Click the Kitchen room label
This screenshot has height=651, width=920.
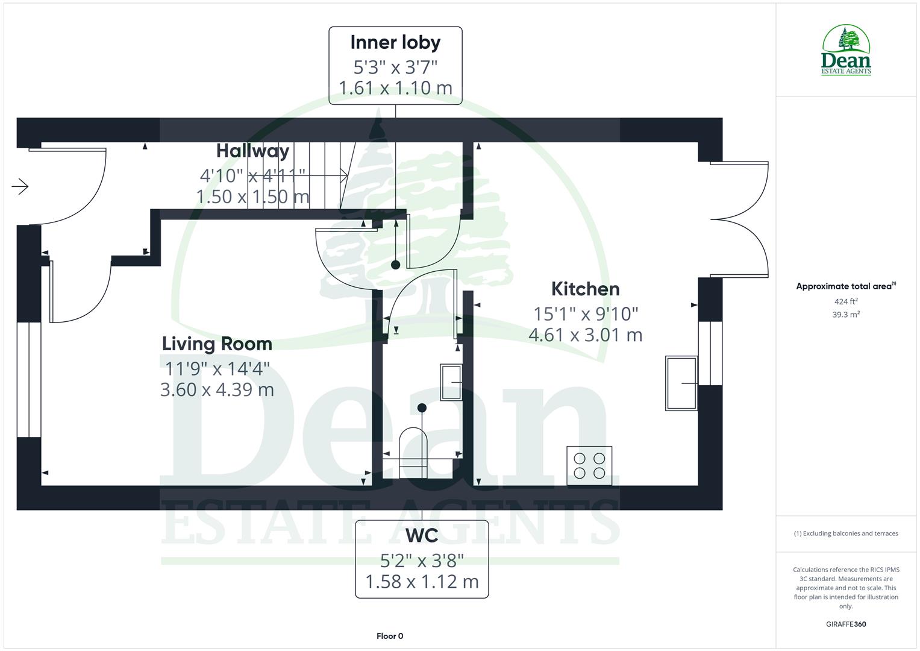point(585,289)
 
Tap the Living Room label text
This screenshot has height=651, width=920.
point(217,344)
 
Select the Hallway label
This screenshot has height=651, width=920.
point(252,151)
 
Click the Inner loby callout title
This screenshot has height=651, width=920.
point(395,43)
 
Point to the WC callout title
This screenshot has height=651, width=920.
point(422,536)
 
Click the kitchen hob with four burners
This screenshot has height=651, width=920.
point(589,465)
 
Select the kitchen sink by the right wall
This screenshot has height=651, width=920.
point(681,383)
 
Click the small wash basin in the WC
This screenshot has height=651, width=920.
point(451,382)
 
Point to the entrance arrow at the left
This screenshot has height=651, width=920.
point(20,187)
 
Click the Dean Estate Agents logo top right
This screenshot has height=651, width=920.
point(846,51)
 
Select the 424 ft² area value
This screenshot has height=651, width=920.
point(846,301)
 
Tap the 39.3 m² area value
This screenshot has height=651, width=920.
point(846,315)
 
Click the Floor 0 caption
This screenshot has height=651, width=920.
point(390,636)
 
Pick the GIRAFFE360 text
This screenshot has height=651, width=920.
point(846,624)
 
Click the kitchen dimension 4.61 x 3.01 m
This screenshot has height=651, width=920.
point(585,335)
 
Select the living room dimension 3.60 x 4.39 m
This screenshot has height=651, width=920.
point(217,390)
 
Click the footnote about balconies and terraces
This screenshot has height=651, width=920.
point(846,533)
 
